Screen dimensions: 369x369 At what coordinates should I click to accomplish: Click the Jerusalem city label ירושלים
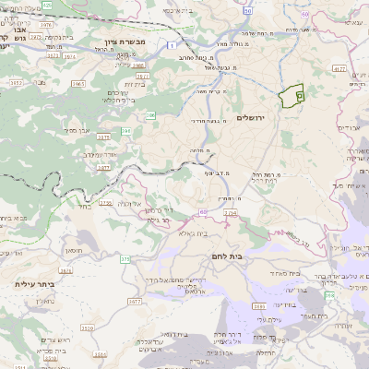pyautogui.click(x=250, y=118)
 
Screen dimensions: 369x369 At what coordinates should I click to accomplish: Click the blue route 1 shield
pyautogui.click(x=173, y=44)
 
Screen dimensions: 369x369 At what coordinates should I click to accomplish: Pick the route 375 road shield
pyautogui.click(x=125, y=259)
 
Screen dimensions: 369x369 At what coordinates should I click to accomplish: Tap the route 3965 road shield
pyautogui.click(x=78, y=83)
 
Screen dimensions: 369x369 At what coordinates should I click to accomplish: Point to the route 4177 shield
pyautogui.click(x=338, y=67)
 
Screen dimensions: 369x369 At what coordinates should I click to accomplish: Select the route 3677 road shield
pyautogui.click(x=134, y=301)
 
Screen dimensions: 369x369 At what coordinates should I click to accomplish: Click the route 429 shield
pyautogui.click(x=47, y=5)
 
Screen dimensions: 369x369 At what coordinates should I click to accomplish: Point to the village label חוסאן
pyautogui.click(x=74, y=250)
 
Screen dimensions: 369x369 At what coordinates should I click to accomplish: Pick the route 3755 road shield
pyautogui.click(x=105, y=202)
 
